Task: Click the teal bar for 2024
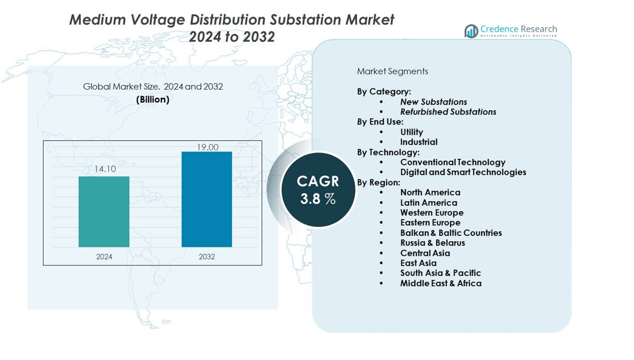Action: coord(104,211)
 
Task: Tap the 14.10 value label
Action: coord(105,169)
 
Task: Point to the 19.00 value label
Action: coord(207,147)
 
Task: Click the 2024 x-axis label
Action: coord(104,257)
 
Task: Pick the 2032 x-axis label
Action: coord(207,257)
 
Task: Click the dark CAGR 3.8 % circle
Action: coord(318,190)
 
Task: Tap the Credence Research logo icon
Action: coord(471,31)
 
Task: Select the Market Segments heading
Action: coord(392,71)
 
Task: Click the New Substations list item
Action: coord(434,102)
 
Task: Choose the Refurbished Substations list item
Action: coord(448,112)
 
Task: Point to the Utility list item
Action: coord(411,132)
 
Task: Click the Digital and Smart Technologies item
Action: coord(463,172)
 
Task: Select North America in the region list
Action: coord(430,193)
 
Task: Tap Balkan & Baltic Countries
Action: coord(451,233)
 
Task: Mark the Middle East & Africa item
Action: coord(440,283)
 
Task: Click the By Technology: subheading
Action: coord(388,153)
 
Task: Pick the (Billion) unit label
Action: coord(153,99)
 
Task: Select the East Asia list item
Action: coord(418,263)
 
